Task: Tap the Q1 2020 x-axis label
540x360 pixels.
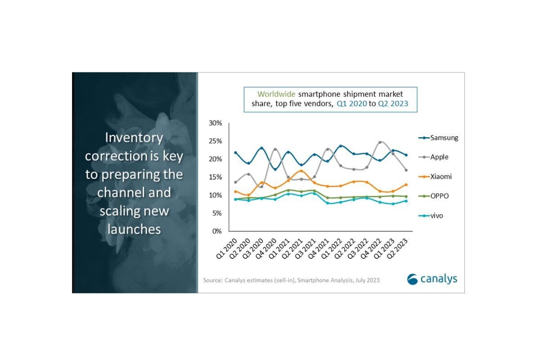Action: tap(226, 249)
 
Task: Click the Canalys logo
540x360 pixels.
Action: tap(432, 279)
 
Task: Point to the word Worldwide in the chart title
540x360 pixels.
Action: tap(276, 94)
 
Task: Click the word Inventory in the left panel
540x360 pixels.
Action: tap(134, 138)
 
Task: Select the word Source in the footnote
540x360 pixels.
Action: tap(212, 280)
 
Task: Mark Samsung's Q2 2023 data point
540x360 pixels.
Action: tap(406, 155)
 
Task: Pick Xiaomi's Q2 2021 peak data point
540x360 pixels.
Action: tap(301, 171)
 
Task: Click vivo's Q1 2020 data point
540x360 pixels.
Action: tap(235, 199)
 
